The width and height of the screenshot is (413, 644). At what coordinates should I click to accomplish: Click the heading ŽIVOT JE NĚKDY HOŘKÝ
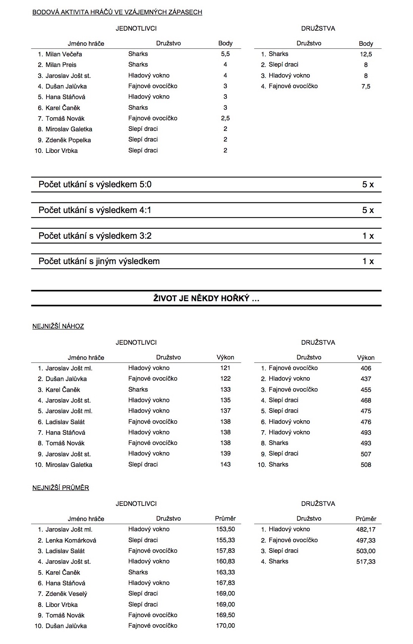coord(206,299)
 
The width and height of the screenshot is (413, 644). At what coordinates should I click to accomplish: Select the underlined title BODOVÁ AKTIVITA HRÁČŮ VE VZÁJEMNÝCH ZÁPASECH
coord(117,12)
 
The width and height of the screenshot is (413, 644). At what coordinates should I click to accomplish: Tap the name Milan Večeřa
coord(64,54)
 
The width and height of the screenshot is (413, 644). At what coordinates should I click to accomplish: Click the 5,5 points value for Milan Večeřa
coord(225,54)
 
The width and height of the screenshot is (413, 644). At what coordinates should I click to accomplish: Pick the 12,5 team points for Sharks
coord(366,54)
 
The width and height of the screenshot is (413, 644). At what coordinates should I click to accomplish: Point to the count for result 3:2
coord(368,236)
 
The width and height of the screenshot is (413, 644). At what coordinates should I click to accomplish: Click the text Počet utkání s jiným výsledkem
coord(99,261)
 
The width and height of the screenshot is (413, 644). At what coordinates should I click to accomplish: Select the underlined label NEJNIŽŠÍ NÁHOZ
coord(58,326)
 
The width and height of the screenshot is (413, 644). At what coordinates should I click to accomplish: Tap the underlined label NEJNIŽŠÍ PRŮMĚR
coord(61,488)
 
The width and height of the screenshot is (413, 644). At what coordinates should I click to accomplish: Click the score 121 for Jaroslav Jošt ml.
coord(225,368)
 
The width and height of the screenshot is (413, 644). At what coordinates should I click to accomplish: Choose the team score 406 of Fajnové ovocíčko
coord(366,368)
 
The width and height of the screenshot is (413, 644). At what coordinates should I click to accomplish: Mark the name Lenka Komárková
coord(71,540)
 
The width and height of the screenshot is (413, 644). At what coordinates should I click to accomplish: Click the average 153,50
coord(225,529)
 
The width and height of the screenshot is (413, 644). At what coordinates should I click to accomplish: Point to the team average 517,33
coord(366,562)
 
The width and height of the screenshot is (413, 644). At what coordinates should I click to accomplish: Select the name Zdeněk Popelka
coord(68,140)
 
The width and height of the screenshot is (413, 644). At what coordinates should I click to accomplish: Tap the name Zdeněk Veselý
coord(66,594)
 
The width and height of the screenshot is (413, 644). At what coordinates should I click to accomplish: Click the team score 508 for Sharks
coord(366,465)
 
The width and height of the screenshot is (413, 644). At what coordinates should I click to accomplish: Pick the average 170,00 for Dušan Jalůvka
coord(225,626)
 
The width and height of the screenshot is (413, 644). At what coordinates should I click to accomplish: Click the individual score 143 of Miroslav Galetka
coord(225,464)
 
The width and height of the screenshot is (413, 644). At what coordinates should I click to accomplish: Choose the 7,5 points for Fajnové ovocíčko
coord(366,86)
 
